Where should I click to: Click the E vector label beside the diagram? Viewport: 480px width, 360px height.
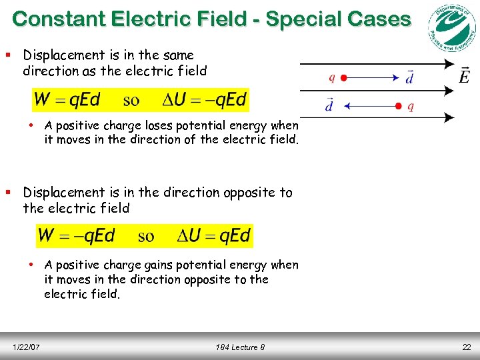(465, 75)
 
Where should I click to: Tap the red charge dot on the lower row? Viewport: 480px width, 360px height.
(398, 105)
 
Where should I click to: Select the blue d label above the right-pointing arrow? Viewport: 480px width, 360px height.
(409, 77)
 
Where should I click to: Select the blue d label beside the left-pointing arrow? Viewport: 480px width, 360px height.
(329, 105)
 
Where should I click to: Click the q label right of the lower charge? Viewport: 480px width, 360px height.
(410, 105)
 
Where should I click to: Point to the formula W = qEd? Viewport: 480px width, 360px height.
(67, 100)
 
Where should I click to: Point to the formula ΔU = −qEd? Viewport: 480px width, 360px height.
(205, 100)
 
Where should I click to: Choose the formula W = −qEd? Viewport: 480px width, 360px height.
(77, 235)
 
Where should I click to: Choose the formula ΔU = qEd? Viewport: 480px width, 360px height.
(214, 235)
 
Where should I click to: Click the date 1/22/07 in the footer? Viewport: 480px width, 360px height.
(27, 347)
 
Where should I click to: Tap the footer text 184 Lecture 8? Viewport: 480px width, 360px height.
(240, 347)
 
